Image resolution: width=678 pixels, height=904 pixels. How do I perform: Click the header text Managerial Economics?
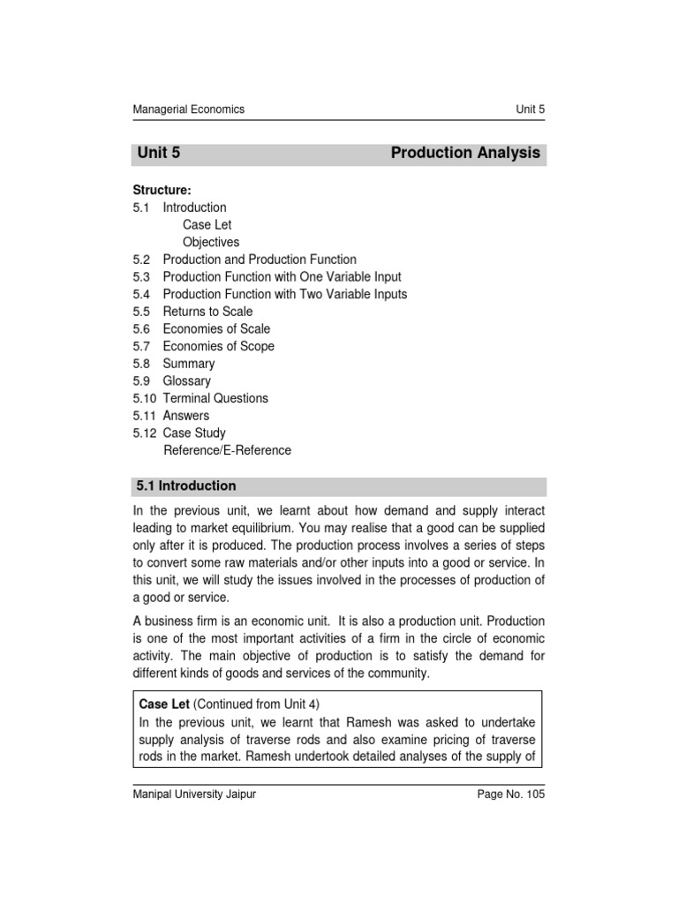(188, 109)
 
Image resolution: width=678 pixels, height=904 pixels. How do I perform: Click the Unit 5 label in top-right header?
(530, 109)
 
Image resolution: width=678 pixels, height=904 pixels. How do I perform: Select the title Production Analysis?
(465, 153)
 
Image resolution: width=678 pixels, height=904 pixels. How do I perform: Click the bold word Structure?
(162, 190)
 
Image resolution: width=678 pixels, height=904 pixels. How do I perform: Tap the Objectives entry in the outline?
(211, 242)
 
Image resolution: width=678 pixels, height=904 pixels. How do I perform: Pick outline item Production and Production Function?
(260, 260)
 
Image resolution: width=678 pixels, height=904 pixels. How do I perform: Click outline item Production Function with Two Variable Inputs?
(285, 294)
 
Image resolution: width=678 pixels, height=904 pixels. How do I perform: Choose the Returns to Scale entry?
(207, 312)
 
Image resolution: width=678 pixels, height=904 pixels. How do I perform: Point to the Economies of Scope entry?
(218, 346)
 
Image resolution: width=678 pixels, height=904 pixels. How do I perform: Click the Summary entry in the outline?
(188, 364)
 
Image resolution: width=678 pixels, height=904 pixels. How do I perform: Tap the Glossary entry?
(186, 381)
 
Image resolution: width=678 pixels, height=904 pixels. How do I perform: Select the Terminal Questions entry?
(215, 398)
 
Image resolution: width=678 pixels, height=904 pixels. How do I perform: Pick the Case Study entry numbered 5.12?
(194, 433)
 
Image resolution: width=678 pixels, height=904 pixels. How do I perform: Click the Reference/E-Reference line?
(227, 450)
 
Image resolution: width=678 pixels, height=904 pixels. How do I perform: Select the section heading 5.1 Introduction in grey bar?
(186, 486)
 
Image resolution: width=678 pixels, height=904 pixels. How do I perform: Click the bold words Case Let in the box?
(164, 704)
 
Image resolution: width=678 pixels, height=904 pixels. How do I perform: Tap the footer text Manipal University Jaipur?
(194, 795)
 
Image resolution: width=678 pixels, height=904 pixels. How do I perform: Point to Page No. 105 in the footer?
(510, 795)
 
